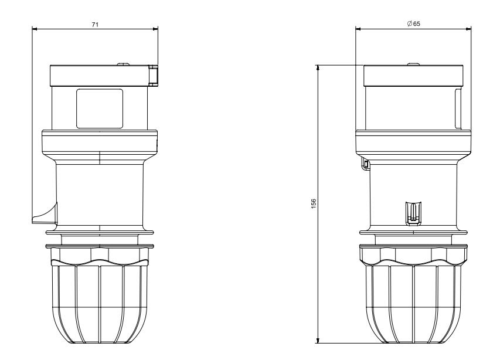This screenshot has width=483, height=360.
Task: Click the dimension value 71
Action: [95, 25]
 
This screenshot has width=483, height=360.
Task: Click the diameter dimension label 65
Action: [416, 23]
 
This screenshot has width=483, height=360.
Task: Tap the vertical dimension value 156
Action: [314, 203]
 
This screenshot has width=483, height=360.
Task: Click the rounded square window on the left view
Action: [100, 108]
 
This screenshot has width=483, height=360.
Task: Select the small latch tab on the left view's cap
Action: [154, 75]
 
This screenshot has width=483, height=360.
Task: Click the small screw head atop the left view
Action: [123, 64]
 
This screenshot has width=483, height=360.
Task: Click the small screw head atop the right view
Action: [413, 64]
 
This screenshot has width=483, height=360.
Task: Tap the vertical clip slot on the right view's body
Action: [414, 213]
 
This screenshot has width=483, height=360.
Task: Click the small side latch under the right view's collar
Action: [365, 164]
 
